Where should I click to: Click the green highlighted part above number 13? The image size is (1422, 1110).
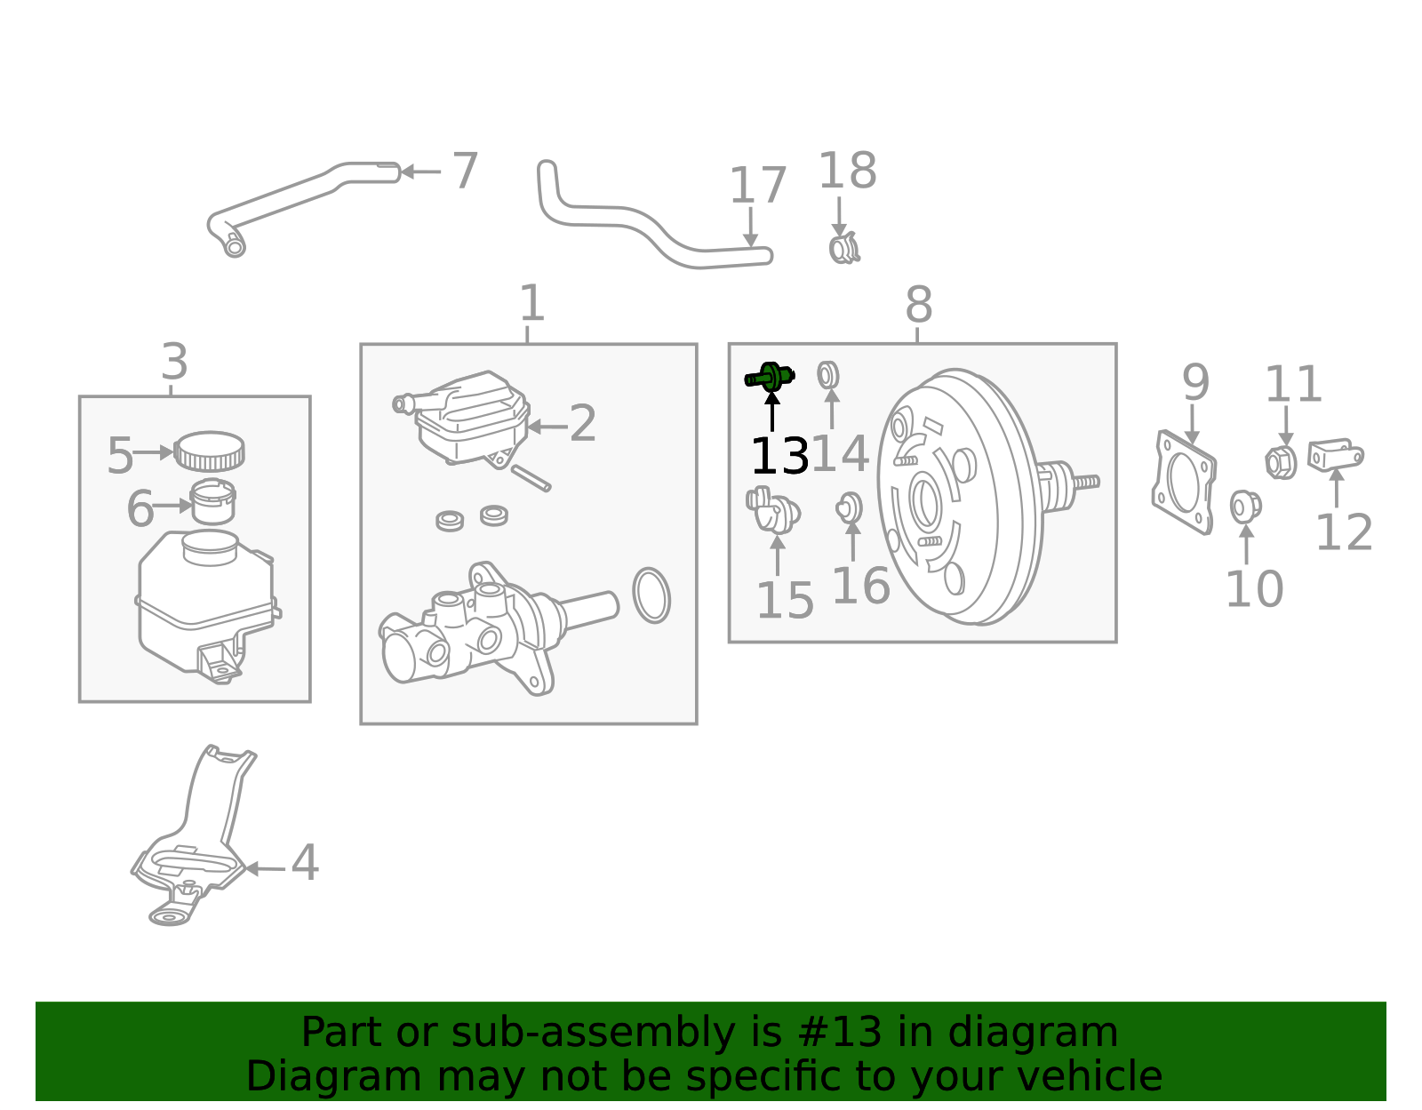pyautogui.click(x=770, y=378)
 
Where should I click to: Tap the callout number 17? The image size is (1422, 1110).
pyautogui.click(x=757, y=186)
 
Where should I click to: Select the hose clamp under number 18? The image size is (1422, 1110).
pyautogui.click(x=843, y=248)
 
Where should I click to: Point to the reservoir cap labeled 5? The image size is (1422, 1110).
pyautogui.click(x=209, y=451)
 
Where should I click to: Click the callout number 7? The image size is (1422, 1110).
pyautogui.click(x=465, y=171)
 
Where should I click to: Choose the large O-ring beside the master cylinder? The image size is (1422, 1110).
pyautogui.click(x=651, y=595)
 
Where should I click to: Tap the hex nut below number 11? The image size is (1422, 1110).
pyautogui.click(x=1280, y=461)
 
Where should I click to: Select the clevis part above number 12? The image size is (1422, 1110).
pyautogui.click(x=1335, y=455)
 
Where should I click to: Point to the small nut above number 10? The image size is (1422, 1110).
pyautogui.click(x=1244, y=507)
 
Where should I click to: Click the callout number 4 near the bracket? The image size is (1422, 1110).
pyautogui.click(x=305, y=863)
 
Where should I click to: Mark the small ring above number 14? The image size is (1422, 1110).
pyautogui.click(x=828, y=375)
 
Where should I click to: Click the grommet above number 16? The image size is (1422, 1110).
pyautogui.click(x=849, y=507)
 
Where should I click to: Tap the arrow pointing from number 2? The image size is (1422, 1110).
pyautogui.click(x=547, y=427)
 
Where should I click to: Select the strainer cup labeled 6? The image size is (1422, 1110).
pyautogui.click(x=213, y=502)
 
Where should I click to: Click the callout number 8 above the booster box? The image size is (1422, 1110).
pyautogui.click(x=918, y=305)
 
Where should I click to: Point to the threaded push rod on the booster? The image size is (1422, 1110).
pyautogui.click(x=1085, y=482)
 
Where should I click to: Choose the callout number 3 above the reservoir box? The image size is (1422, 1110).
pyautogui.click(x=175, y=362)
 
